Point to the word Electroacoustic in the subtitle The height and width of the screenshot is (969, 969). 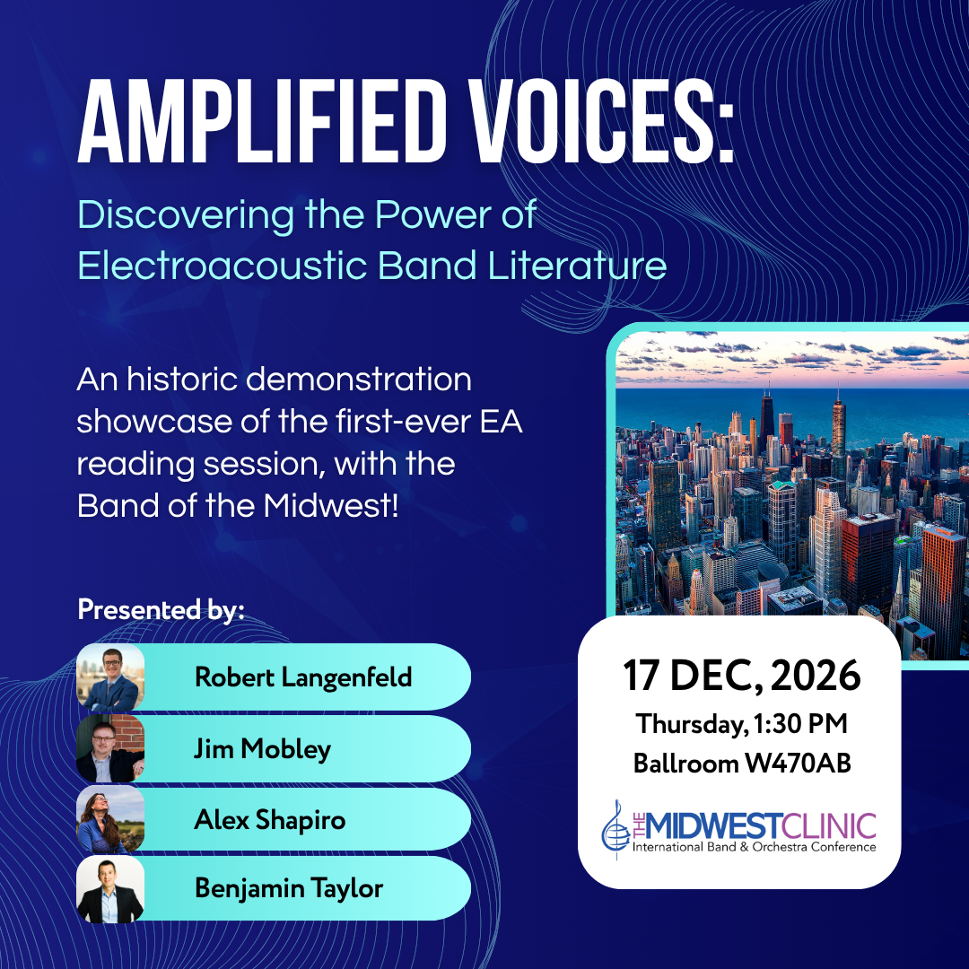coord(223,266)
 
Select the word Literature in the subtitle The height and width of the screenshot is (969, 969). coord(577,266)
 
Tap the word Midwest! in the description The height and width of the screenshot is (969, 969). coord(330,505)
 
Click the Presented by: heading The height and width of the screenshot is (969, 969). coord(161,610)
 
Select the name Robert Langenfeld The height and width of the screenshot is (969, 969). coord(303,677)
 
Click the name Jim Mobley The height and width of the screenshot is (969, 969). coord(262,749)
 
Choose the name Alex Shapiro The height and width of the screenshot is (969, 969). coord(269,820)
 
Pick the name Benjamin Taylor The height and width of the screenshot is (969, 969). coord(289,888)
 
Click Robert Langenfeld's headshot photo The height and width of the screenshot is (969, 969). coord(110,677)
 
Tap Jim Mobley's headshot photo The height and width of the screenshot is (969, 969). coord(110,748)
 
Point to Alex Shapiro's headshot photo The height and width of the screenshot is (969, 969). coord(110,819)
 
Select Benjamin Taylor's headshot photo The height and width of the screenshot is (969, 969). coord(110,888)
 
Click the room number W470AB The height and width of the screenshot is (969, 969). coord(798,764)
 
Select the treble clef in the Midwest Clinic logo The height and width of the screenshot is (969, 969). coord(615,829)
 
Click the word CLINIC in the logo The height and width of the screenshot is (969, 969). coord(829,826)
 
